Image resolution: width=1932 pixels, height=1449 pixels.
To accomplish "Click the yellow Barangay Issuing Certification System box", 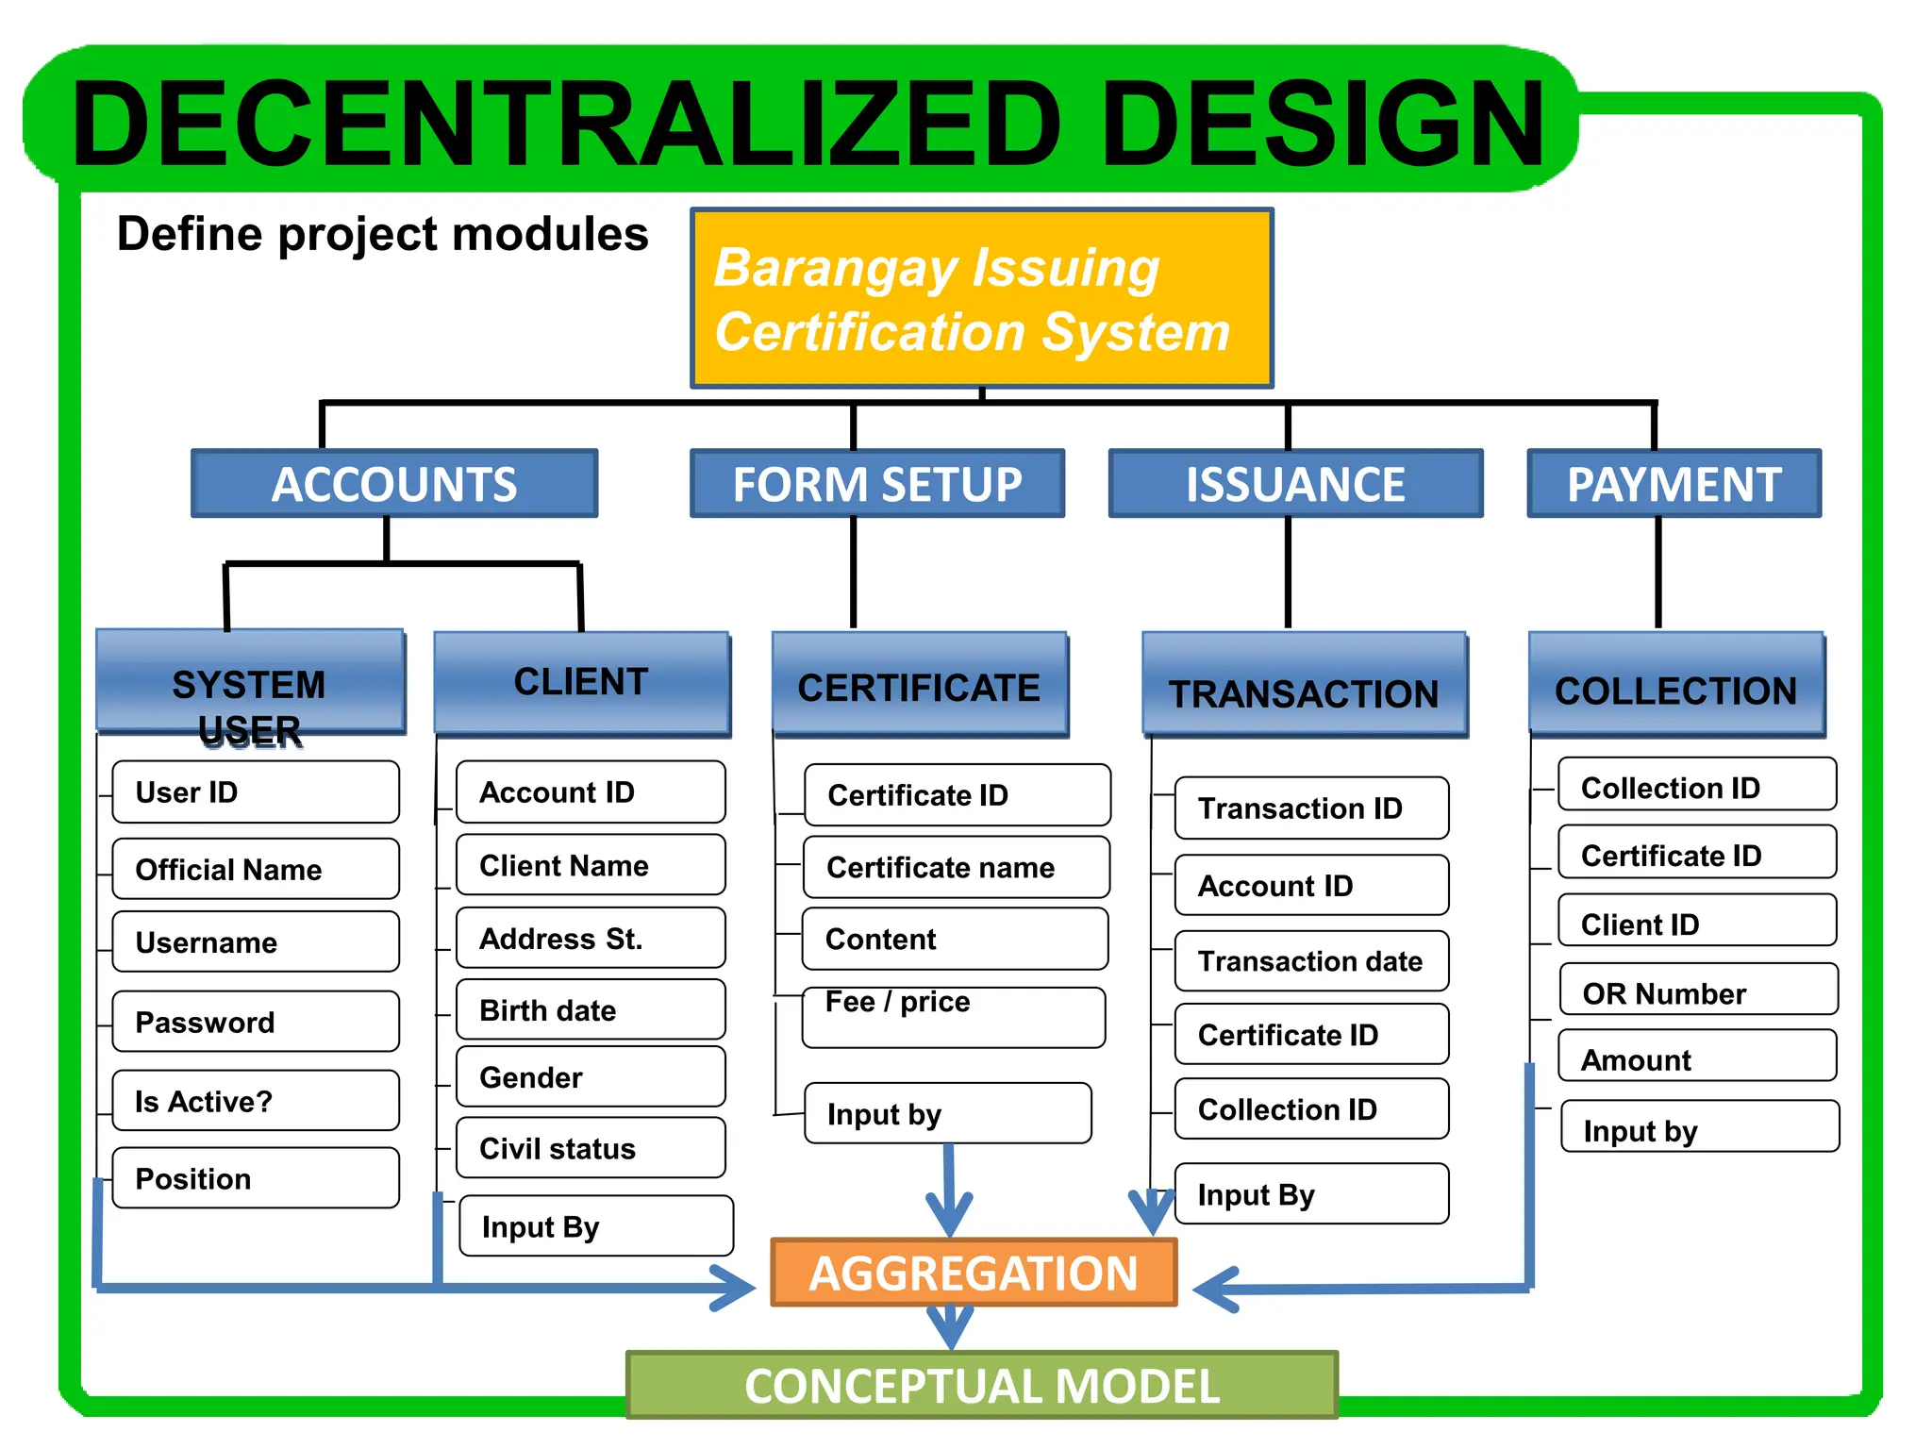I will coord(981,298).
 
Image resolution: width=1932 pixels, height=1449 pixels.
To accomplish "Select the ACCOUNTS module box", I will coord(394,484).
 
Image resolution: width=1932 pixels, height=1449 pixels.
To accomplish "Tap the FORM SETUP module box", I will coord(877,484).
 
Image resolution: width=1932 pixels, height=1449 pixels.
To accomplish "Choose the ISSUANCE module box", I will coord(1295,484).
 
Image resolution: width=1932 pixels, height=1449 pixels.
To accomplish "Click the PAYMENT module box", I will coord(1674,484).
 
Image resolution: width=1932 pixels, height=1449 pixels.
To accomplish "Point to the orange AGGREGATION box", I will coord(974,1273).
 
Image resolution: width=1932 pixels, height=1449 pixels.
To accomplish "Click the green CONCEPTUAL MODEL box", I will coord(981,1385).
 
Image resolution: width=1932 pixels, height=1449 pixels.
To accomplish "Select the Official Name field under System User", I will coord(255,869).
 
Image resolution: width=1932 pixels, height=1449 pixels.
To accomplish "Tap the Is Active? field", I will coord(255,1101).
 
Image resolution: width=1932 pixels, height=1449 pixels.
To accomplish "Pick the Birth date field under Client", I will coord(590,1010).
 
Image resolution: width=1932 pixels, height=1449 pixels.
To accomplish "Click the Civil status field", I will coord(590,1148).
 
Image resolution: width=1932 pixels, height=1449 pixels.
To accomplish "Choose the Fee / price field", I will coord(953,1017).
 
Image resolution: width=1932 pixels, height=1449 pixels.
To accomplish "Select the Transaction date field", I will coord(1310,961).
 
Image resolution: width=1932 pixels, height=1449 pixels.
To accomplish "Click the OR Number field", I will coord(1697,992).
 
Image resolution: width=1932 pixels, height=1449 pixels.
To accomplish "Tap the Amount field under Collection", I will coord(1697,1059).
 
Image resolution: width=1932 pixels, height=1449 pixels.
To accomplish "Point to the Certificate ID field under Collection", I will coord(1697,855).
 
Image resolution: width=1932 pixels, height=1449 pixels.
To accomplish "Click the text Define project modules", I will coord(382,234).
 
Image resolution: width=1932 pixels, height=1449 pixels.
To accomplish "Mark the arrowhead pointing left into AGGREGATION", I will coord(1215,1290).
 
